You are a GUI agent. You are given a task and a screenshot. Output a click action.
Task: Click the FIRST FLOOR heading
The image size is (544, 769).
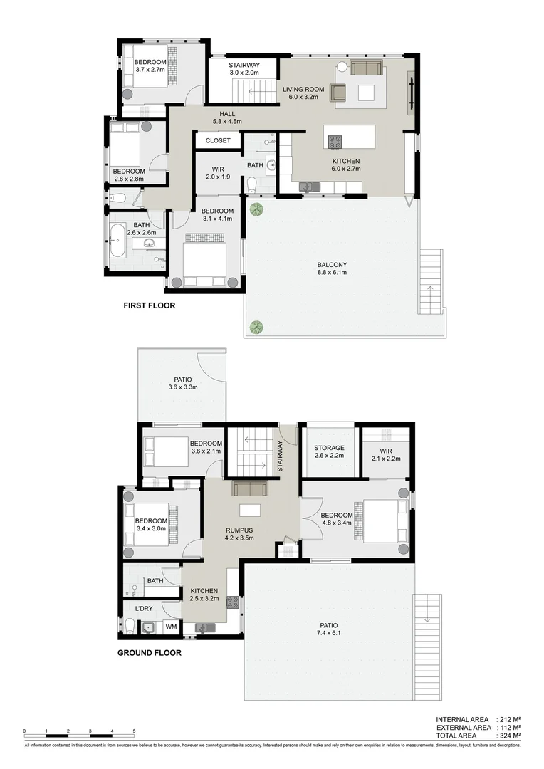[x=149, y=305]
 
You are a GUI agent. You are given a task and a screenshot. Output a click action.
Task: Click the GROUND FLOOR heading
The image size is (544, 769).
[x=149, y=652]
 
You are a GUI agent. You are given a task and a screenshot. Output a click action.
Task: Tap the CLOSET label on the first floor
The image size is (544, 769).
[x=218, y=141]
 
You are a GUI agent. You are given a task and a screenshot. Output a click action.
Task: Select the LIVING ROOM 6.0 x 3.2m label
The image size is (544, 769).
[x=303, y=93]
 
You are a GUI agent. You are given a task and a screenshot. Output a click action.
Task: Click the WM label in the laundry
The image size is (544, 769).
[x=171, y=627]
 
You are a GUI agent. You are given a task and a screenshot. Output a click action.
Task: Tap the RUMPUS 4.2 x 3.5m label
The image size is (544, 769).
[x=240, y=534]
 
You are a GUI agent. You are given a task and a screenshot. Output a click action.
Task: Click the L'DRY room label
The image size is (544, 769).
[x=144, y=609]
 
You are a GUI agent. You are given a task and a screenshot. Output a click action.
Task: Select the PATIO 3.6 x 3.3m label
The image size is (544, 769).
[x=182, y=383]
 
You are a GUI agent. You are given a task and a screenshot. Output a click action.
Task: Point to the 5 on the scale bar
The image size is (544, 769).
[x=134, y=731]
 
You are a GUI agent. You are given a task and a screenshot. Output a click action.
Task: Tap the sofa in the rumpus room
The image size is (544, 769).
[x=249, y=488]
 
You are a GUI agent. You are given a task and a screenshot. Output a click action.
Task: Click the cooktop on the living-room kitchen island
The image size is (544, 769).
[x=335, y=140]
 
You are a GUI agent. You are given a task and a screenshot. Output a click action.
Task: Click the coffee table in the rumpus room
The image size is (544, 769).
[x=249, y=510]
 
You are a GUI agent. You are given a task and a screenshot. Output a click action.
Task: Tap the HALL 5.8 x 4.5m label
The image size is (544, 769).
[x=228, y=117]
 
